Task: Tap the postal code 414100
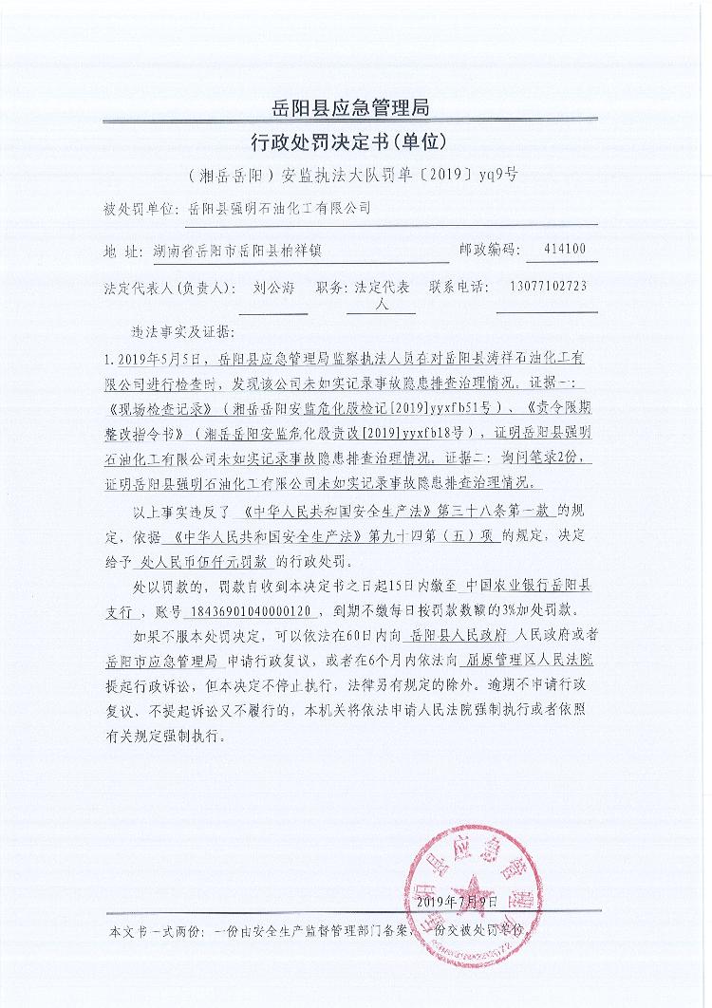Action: coord(567,251)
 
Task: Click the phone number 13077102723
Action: coord(547,287)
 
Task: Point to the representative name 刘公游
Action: coord(274,287)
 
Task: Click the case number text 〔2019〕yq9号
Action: coord(476,177)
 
